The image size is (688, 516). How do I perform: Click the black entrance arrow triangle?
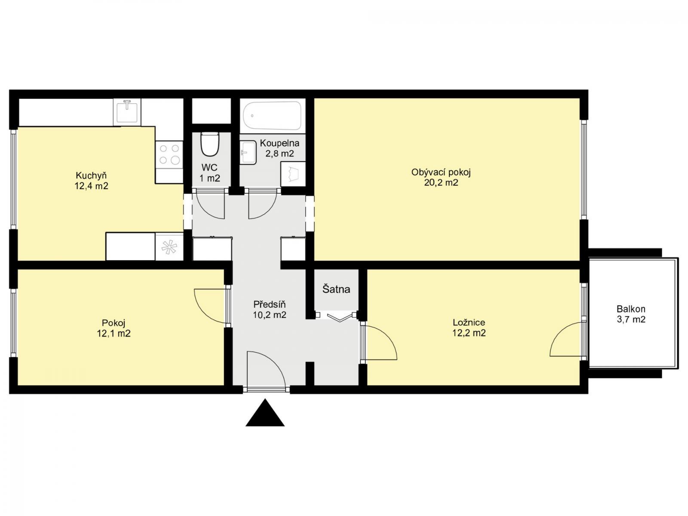(265, 414)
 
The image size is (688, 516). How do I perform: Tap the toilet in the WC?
(209, 144)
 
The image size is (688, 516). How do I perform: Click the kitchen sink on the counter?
(127, 111)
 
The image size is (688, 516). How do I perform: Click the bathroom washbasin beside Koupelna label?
(249, 153)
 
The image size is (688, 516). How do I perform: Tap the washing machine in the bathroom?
(293, 174)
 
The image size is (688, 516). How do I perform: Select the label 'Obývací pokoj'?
(441, 172)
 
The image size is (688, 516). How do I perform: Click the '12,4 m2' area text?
(91, 186)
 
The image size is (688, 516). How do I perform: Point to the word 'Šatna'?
(336, 289)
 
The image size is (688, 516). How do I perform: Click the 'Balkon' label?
(631, 309)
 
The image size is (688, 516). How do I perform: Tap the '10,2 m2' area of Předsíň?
(270, 315)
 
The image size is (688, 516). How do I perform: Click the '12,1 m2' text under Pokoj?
(114, 333)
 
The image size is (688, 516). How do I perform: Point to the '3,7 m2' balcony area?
(631, 319)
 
